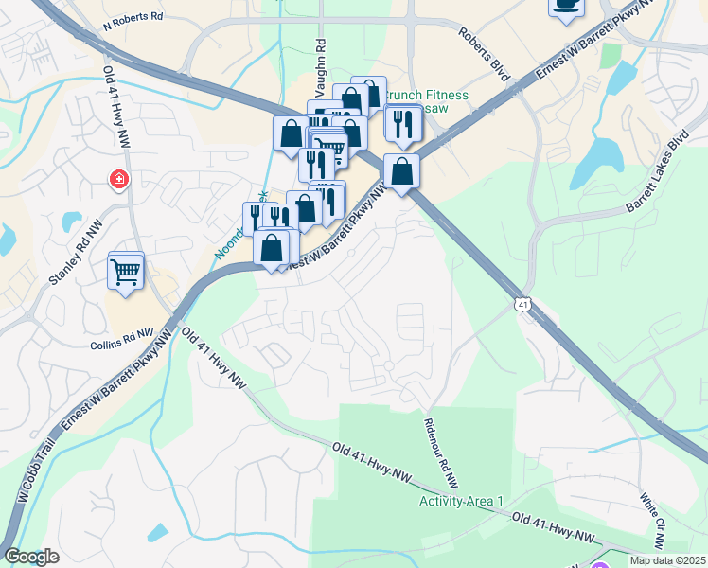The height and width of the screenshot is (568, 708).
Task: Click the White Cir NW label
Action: pos(652,520)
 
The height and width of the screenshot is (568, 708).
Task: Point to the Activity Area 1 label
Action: pos(462,501)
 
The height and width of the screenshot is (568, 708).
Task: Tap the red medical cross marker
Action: pos(119,179)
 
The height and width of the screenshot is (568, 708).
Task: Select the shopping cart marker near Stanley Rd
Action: pos(125,271)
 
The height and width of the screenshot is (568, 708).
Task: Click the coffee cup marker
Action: pos(566,5)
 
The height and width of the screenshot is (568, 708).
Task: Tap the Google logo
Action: pos(31,557)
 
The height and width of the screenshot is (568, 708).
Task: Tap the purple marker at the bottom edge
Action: pos(599,565)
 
